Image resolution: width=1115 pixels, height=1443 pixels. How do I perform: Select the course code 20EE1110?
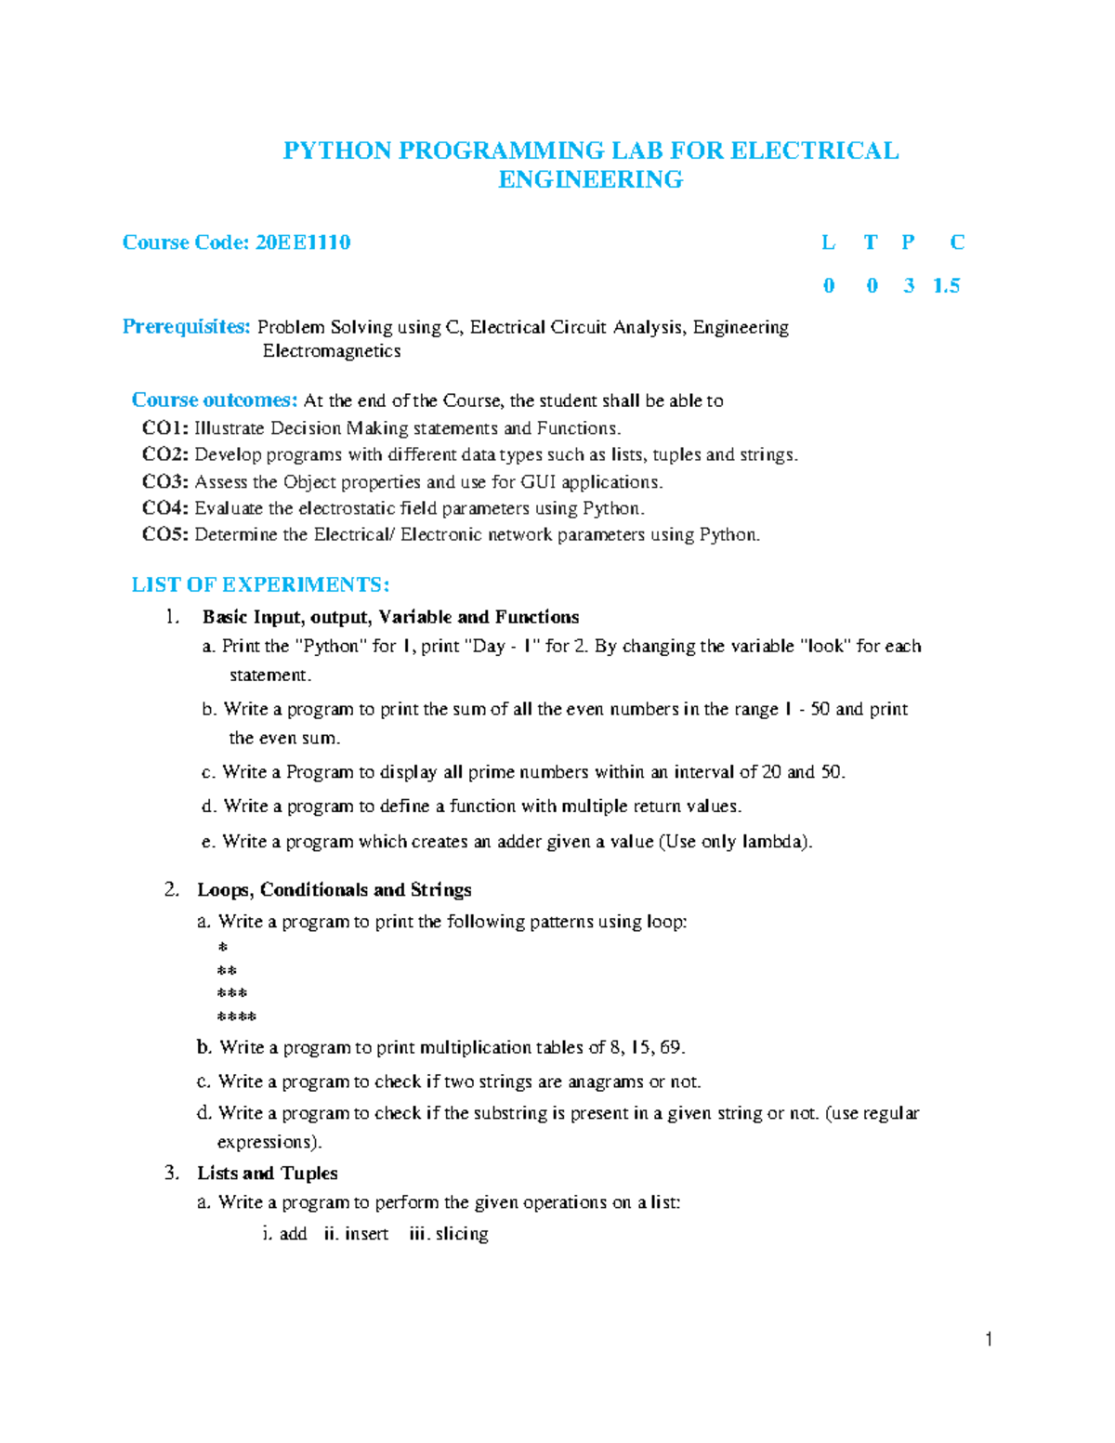tap(303, 243)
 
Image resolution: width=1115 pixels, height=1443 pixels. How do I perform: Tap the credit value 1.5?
tap(946, 286)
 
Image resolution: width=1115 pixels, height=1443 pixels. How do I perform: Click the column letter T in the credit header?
tap(870, 243)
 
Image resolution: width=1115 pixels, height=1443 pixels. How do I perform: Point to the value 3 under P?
tap(909, 286)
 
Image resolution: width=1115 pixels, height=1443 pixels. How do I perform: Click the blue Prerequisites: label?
tap(186, 327)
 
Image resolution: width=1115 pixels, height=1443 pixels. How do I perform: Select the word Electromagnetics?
tap(332, 351)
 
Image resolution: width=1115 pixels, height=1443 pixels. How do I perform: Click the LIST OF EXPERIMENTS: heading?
tap(260, 585)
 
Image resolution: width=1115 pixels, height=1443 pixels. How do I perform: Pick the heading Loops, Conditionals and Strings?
tap(334, 890)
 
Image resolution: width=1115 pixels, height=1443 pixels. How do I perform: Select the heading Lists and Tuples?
tap(267, 1174)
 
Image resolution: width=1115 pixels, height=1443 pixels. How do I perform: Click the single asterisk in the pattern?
tap(222, 948)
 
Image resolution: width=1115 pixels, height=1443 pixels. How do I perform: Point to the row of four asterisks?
tap(236, 1017)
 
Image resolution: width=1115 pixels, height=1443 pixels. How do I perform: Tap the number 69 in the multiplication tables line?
tap(671, 1048)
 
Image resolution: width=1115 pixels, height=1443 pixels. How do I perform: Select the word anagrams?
tap(606, 1082)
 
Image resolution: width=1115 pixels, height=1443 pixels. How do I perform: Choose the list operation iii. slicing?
tap(449, 1234)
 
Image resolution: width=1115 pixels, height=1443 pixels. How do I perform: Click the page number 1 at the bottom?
tap(989, 1339)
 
